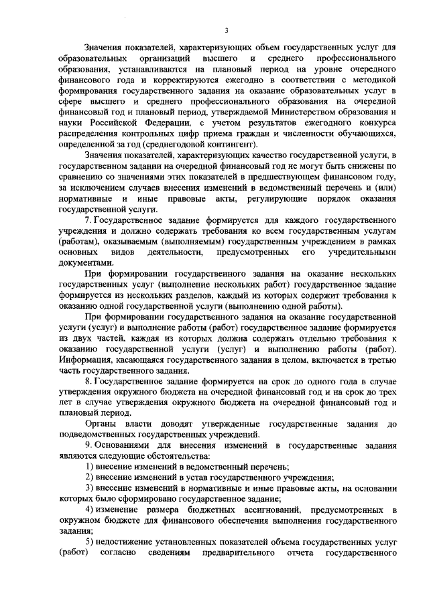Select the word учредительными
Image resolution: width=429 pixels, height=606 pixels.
363,252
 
